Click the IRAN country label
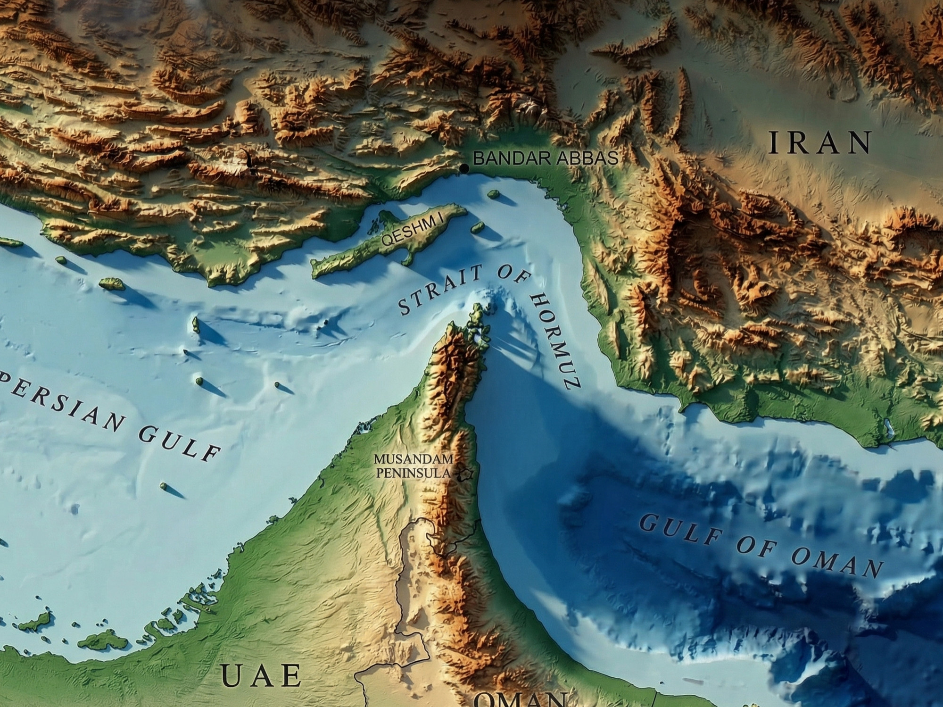point(819,143)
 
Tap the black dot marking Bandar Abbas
point(464,168)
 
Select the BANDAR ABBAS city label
point(546,158)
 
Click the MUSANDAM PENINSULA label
point(414,466)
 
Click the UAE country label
point(261,675)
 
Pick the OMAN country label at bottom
point(519,700)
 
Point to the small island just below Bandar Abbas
point(493,193)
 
